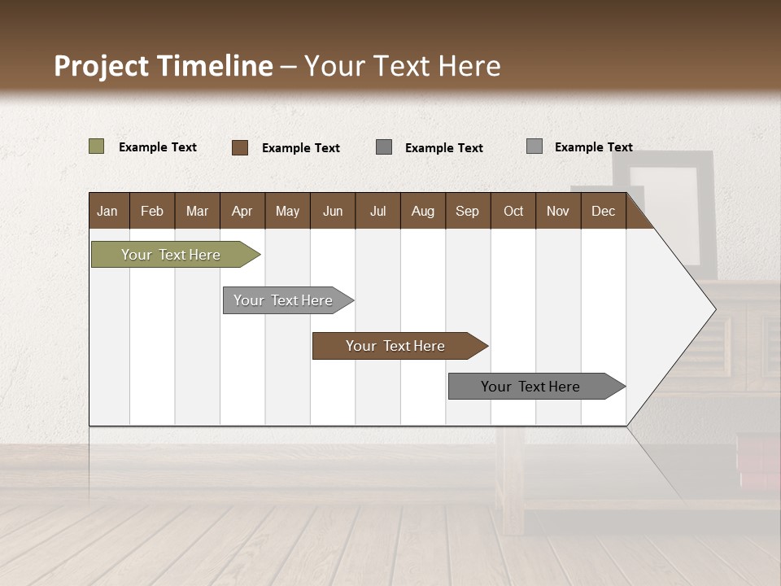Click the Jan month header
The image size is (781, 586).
107,211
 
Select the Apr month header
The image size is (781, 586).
242,211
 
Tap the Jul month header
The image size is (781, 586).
377,211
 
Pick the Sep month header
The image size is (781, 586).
467,211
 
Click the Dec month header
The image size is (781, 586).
603,211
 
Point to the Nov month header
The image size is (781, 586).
557,211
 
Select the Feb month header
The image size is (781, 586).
152,211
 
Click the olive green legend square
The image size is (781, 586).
96,146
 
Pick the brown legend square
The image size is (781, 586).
239,147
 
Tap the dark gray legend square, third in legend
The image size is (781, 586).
384,146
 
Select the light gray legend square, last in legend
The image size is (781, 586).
534,146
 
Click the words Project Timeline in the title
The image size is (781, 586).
164,66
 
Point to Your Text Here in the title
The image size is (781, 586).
403,66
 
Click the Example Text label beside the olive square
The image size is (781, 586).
158,147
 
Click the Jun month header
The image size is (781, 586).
332,211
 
